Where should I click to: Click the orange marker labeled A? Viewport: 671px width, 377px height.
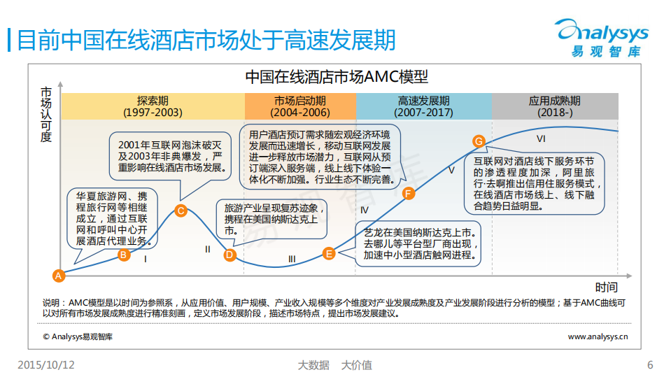pyautogui.click(x=59, y=276)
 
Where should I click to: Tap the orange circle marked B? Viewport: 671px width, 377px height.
pyautogui.click(x=123, y=255)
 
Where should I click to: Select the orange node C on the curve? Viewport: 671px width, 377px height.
pyautogui.click(x=181, y=211)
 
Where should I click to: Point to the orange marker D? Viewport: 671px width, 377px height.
pyautogui.click(x=229, y=255)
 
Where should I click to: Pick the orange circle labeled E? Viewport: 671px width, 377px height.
pyautogui.click(x=329, y=254)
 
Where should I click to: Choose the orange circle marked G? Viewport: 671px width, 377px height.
pyautogui.click(x=479, y=141)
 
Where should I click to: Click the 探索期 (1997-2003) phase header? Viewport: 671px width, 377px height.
pyautogui.click(x=153, y=106)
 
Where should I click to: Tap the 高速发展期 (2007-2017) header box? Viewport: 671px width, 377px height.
pyautogui.click(x=423, y=106)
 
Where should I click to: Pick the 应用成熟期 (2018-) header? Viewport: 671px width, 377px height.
pyautogui.click(x=555, y=106)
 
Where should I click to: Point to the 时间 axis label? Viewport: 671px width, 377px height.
pyautogui.click(x=607, y=287)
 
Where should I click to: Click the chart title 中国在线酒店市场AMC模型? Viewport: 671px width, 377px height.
pyautogui.click(x=336, y=76)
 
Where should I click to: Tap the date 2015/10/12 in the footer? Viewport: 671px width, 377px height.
pyautogui.click(x=46, y=364)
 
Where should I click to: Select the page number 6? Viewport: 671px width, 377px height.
pyautogui.click(x=650, y=364)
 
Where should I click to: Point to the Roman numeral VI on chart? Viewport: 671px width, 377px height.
pyautogui.click(x=540, y=138)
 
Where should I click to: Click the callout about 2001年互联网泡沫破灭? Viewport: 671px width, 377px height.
pyautogui.click(x=169, y=155)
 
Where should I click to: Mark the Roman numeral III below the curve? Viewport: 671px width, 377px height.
pyautogui.click(x=292, y=259)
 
